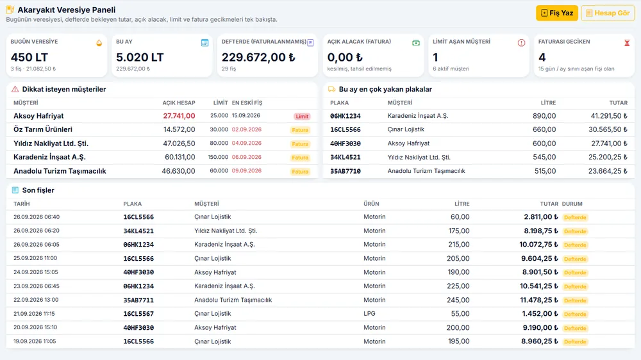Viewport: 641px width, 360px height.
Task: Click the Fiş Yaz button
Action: (x=557, y=13)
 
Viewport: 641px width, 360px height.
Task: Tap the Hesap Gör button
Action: (x=608, y=13)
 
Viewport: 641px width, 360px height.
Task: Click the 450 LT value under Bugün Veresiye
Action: (x=29, y=57)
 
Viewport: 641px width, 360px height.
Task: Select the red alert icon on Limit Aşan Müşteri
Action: (x=521, y=42)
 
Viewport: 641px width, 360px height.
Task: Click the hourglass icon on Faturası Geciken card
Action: (x=627, y=42)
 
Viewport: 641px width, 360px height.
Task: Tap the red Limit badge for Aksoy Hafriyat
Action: (x=302, y=117)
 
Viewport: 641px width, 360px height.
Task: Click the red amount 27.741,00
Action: (x=179, y=116)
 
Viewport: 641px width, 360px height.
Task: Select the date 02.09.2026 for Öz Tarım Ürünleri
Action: (x=247, y=129)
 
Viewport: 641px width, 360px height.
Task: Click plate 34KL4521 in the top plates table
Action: (x=345, y=158)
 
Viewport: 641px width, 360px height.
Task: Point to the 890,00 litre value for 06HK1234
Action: (x=544, y=116)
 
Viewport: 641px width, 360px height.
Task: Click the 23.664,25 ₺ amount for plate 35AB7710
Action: (x=608, y=171)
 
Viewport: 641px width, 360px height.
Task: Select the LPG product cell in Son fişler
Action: (x=370, y=313)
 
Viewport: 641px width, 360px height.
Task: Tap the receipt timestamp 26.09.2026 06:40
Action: (x=37, y=217)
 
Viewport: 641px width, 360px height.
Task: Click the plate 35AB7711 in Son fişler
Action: (x=138, y=300)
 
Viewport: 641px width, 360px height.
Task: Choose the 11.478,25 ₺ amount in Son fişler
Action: (x=539, y=300)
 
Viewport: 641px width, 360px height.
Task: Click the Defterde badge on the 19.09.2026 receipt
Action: (x=575, y=341)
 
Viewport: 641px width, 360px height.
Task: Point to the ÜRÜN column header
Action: (x=371, y=204)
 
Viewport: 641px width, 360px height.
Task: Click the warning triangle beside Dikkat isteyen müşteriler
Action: (x=15, y=89)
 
